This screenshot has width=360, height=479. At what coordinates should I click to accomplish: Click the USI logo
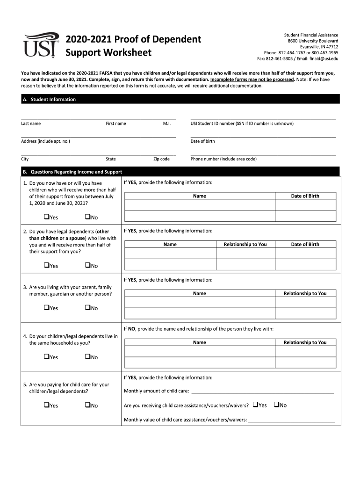point(41,44)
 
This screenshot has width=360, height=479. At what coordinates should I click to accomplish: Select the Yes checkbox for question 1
point(47,217)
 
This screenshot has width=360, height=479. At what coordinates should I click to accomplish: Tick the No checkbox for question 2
point(87,265)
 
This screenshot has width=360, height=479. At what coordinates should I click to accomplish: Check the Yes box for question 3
point(47,308)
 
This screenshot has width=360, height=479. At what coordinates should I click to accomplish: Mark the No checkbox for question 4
point(87,357)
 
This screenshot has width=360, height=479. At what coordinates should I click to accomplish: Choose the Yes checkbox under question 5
point(47,405)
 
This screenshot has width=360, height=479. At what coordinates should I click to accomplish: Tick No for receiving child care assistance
point(276,405)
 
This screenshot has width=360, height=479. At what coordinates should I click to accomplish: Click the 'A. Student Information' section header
point(49,99)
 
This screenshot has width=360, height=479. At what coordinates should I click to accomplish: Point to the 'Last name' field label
point(31,123)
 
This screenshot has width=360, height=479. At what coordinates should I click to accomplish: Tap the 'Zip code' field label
point(161,159)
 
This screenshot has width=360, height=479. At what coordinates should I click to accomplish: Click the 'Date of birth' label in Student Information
point(202,141)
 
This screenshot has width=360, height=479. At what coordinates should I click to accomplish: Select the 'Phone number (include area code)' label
point(223,159)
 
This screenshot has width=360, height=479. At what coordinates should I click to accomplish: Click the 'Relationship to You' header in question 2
point(245,244)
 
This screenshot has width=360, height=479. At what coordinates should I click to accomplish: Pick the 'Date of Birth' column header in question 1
point(305,196)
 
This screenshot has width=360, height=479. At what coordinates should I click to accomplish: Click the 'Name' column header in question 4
point(199,342)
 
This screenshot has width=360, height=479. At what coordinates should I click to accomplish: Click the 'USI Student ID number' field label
point(242,123)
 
